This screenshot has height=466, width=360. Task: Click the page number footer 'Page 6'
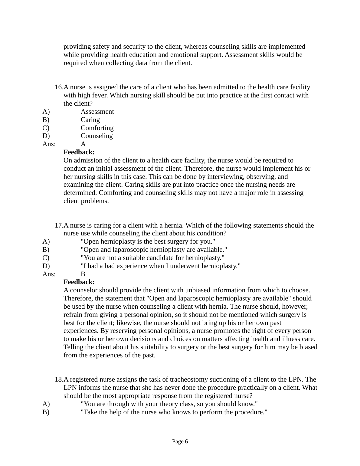click(x=180, y=441)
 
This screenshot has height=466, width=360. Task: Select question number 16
click(x=59, y=87)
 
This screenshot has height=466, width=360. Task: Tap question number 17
click(x=59, y=225)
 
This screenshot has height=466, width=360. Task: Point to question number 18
click(x=59, y=379)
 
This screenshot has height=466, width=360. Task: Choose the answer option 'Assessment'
click(x=97, y=112)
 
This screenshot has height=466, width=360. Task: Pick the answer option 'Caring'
click(x=90, y=120)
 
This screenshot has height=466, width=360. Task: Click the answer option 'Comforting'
click(x=97, y=128)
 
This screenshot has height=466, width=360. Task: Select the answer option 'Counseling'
click(x=97, y=136)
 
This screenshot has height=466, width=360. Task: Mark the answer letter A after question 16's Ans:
click(x=83, y=144)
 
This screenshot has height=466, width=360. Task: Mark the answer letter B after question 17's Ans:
click(x=83, y=274)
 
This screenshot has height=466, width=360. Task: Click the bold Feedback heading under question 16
click(x=79, y=152)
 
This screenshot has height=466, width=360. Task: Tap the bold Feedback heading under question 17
click(x=79, y=282)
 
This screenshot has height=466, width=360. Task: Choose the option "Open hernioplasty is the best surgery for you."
click(x=148, y=241)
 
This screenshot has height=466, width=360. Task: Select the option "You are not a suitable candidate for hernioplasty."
click(x=152, y=258)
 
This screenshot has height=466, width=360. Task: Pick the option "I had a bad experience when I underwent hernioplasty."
click(x=160, y=266)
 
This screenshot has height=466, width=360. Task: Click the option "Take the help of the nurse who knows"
click(x=174, y=412)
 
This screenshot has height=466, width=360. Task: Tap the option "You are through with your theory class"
click(x=169, y=404)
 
